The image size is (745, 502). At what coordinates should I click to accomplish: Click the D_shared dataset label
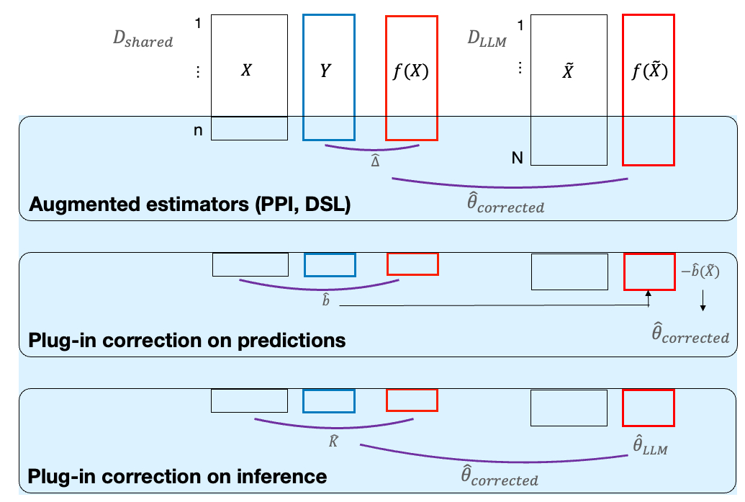[143, 40]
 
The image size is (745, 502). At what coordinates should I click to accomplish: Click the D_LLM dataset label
[487, 40]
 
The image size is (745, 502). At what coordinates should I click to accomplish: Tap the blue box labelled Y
[329, 77]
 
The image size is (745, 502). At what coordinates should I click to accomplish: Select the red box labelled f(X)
[412, 77]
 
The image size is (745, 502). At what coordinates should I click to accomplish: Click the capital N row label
[517, 158]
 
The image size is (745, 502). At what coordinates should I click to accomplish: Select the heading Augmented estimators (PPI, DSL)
[189, 205]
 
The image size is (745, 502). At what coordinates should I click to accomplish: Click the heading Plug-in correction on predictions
[187, 339]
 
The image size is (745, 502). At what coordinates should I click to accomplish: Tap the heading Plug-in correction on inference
[177, 476]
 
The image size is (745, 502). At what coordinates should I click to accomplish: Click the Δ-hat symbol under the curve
[375, 162]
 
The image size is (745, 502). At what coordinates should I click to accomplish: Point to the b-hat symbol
[326, 299]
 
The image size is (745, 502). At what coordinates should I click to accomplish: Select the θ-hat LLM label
[650, 447]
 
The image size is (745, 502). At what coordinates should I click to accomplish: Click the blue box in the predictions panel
[330, 264]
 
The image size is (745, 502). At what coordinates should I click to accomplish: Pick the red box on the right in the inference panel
[648, 407]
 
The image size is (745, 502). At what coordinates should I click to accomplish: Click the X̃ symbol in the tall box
[567, 73]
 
